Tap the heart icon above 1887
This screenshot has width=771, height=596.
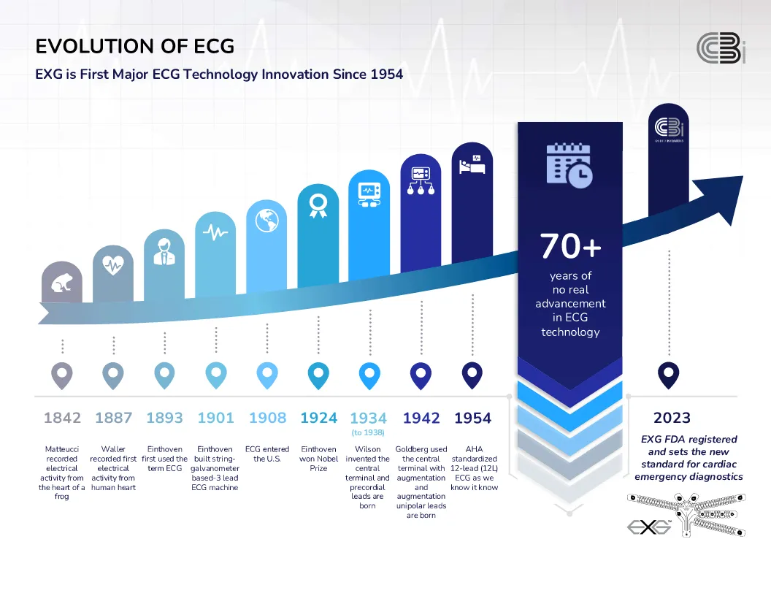113,265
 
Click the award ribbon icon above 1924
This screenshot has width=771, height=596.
318,205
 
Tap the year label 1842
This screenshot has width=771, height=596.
62,418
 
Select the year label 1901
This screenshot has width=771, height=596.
216,418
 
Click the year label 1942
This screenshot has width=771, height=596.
421,418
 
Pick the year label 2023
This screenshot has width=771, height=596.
672,418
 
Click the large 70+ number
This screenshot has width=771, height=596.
570,247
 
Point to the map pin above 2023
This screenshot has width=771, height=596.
668,375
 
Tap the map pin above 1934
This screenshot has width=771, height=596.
369,375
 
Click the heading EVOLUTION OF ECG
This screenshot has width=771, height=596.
135,47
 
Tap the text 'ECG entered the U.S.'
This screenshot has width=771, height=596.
267,454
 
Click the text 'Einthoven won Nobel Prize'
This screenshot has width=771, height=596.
318,459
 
